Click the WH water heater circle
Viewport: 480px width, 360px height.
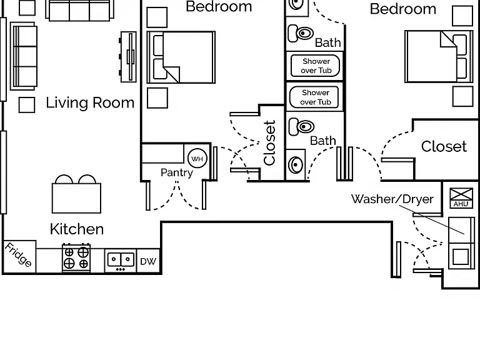pos(197,158)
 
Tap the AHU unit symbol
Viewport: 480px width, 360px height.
pos(461,198)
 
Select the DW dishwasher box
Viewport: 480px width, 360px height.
pos(148,261)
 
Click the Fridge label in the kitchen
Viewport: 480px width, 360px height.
pos(18,255)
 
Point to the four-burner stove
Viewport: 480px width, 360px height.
pos(76,257)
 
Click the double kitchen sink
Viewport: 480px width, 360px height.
pos(121,261)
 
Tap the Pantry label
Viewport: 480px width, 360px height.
pos(177,172)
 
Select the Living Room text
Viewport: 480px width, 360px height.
pos(90,103)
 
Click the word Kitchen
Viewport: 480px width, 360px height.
pos(77,229)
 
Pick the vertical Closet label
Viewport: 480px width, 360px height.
pos(269,142)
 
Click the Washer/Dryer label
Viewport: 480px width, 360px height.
pos(392,199)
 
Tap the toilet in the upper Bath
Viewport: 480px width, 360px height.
pos(301,33)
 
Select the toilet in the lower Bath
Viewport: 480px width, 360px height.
pos(301,126)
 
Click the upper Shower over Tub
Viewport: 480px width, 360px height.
pos(315,66)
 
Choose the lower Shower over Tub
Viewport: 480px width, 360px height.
pos(314,97)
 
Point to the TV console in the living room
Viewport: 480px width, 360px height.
pos(128,57)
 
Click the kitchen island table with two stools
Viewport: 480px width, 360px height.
pos(76,194)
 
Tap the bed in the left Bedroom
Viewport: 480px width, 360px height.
pos(181,57)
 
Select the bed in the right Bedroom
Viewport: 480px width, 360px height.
pos(439,56)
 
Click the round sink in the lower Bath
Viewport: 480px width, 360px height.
pos(296,165)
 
